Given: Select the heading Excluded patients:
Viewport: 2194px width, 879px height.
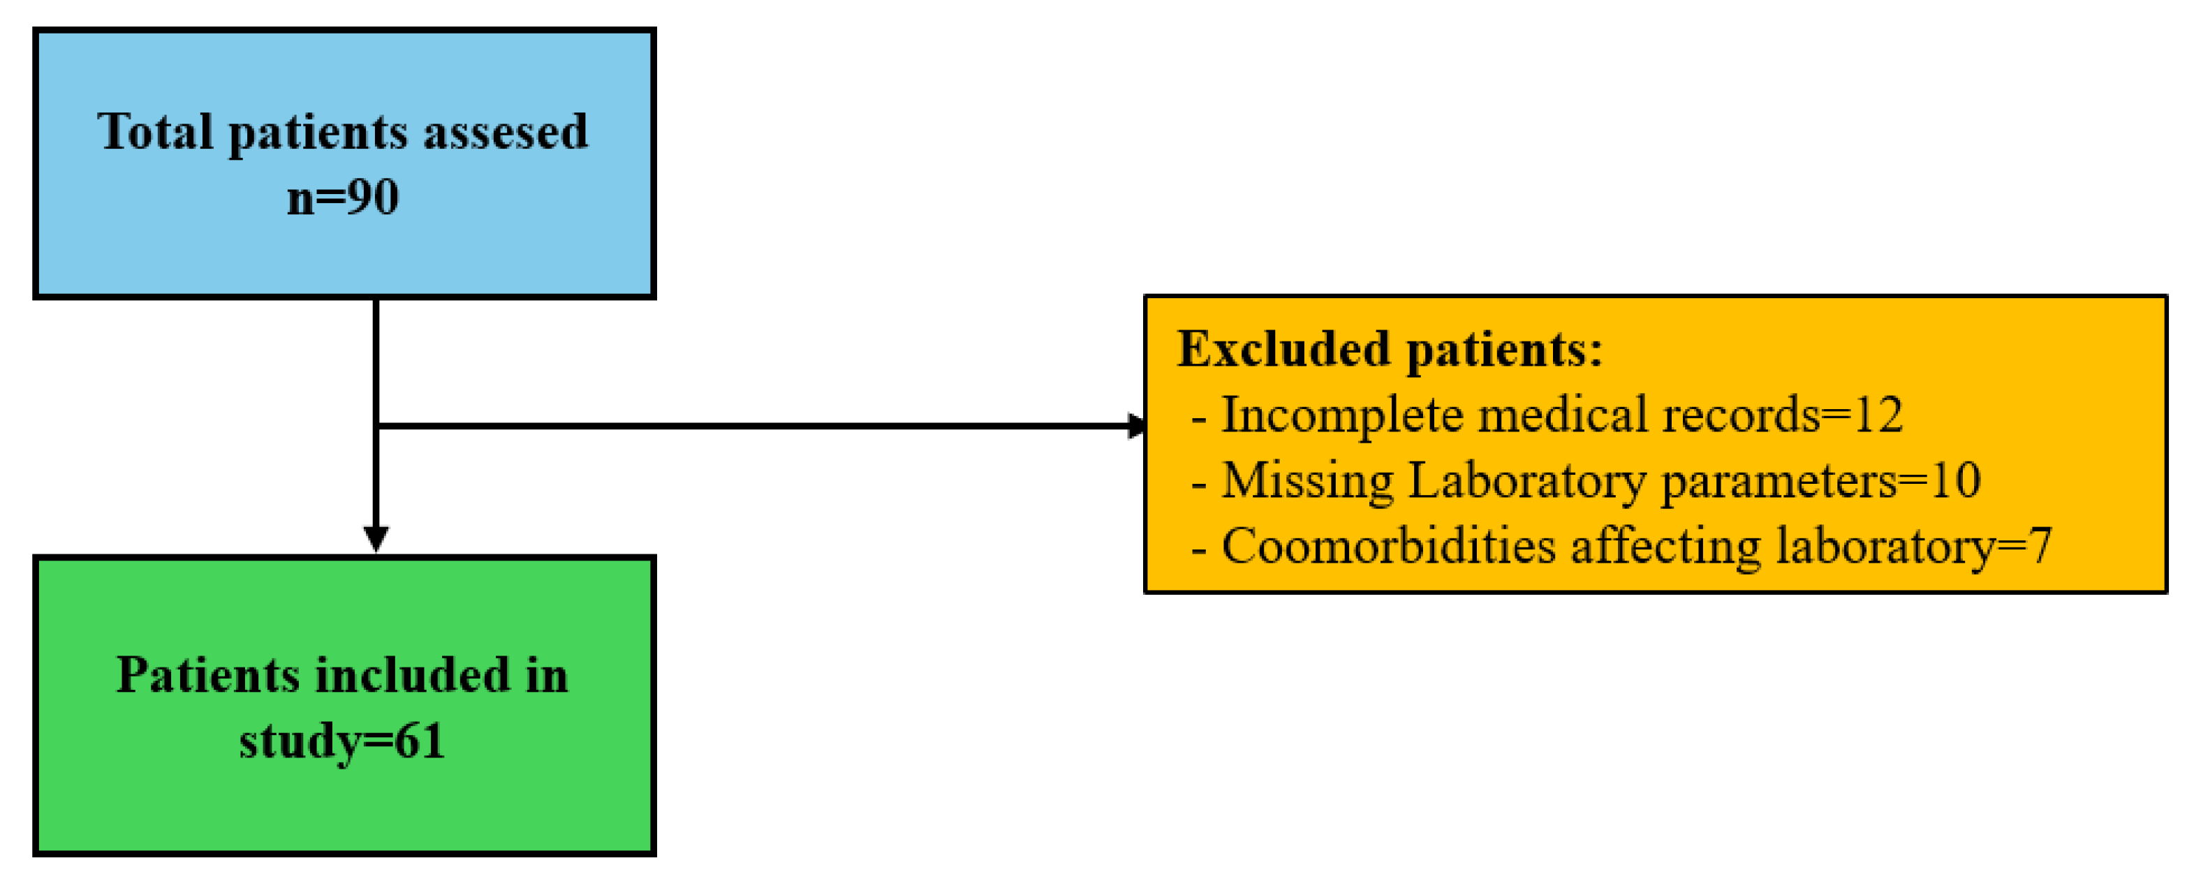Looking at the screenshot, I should (1390, 350).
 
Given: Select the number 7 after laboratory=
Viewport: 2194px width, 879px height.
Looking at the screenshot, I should (2040, 546).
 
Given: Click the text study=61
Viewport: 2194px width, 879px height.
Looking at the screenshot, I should (342, 741).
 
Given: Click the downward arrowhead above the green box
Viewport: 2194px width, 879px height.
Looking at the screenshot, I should (376, 539).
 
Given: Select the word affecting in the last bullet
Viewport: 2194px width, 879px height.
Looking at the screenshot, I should (1665, 546).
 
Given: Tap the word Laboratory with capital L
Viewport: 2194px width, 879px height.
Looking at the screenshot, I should (1526, 481).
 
